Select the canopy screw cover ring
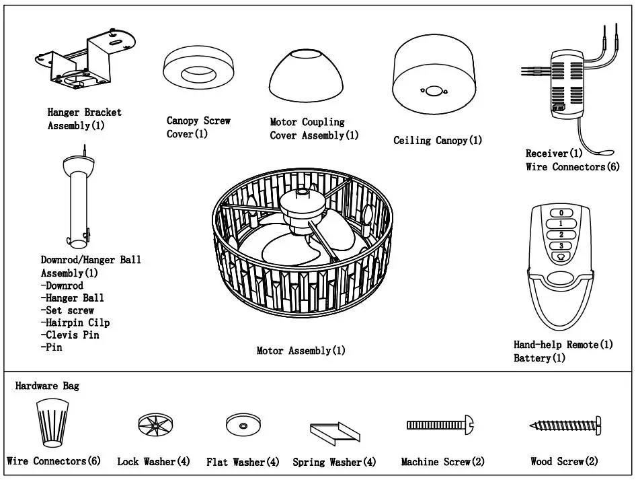[197, 71]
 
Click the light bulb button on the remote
[561, 256]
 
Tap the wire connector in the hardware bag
[52, 421]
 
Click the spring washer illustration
[335, 431]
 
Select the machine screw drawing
[440, 425]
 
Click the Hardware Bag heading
[47, 386]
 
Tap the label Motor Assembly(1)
[301, 351]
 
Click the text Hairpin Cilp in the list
[75, 322]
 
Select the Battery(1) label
[539, 358]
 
